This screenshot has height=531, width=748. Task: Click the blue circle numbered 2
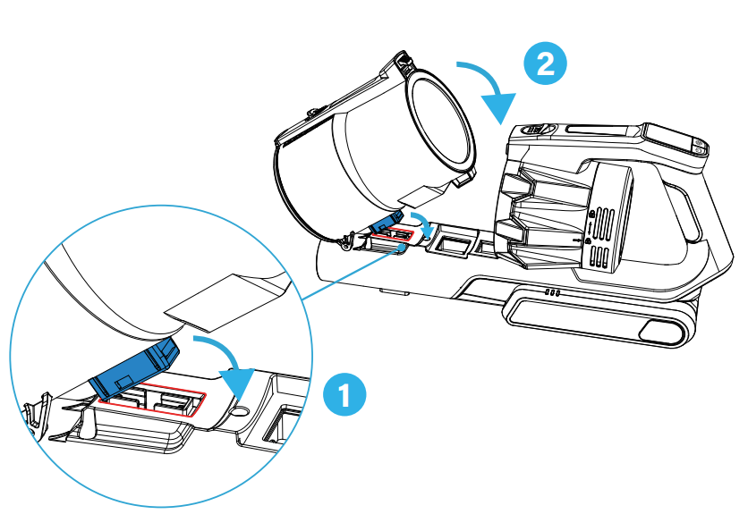coord(547,64)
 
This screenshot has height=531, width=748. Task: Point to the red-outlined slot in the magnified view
coord(154,401)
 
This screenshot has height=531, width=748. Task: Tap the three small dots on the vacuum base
coord(551,292)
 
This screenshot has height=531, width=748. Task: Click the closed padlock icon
coord(587,241)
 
